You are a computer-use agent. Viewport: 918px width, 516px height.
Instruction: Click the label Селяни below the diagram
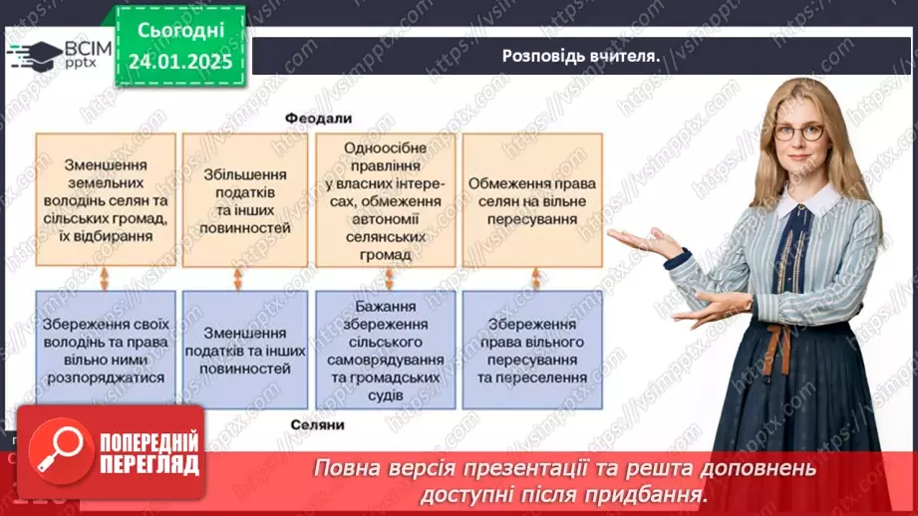click(x=318, y=424)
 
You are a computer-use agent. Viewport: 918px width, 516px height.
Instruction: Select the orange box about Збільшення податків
click(x=245, y=200)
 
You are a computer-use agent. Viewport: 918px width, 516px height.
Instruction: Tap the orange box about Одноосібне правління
click(x=385, y=200)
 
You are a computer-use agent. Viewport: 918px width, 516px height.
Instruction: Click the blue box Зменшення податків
click(x=245, y=351)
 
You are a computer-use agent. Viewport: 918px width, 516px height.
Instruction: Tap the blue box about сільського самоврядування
click(x=385, y=351)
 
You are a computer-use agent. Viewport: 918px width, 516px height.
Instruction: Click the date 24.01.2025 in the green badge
click(x=178, y=61)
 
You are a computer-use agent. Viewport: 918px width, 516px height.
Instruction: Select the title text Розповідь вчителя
click(x=582, y=56)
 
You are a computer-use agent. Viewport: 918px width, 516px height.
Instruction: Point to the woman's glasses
click(x=798, y=131)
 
